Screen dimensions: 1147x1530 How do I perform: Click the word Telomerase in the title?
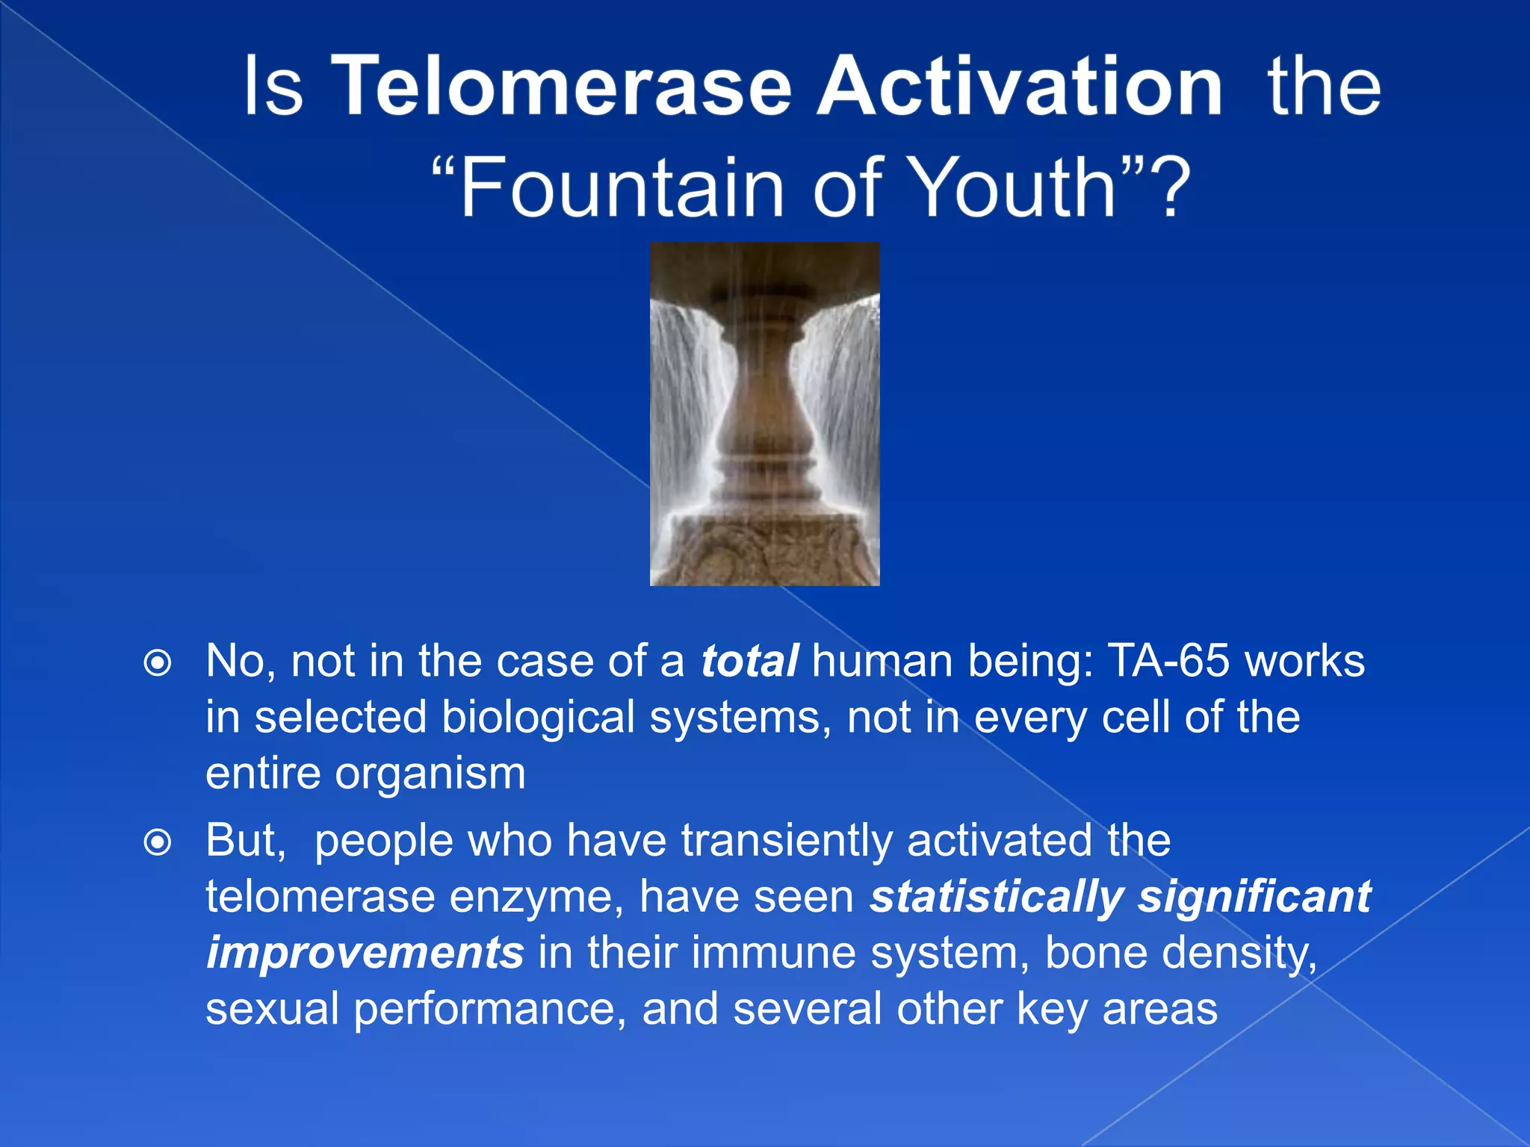click(x=560, y=87)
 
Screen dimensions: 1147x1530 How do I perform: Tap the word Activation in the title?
click(x=1020, y=87)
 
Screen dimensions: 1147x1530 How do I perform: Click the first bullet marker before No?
click(x=158, y=662)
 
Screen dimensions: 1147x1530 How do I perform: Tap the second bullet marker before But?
click(x=158, y=843)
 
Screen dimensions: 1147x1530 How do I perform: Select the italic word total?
click(x=749, y=661)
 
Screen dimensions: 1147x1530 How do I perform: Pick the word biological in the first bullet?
click(x=538, y=718)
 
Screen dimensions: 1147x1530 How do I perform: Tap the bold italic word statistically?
click(x=997, y=897)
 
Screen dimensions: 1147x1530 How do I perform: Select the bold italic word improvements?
click(x=365, y=953)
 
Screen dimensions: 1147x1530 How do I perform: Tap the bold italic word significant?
click(x=1254, y=897)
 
